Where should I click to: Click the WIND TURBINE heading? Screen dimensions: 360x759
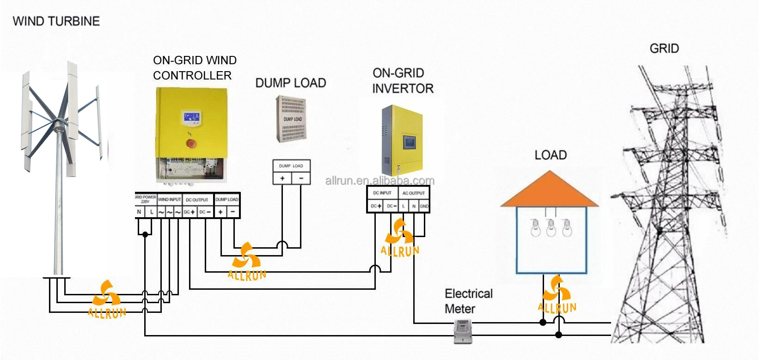point(56,21)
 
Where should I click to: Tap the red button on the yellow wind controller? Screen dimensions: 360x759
point(190,144)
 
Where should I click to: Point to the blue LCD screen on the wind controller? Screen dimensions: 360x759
point(191,117)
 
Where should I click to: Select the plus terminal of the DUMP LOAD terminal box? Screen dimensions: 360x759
point(282,178)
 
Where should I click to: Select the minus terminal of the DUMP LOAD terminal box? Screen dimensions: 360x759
point(301,178)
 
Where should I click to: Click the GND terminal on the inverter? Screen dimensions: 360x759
point(424,206)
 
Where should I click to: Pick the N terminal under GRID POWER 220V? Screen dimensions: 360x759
point(139,212)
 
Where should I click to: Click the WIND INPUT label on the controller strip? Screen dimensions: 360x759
point(169,200)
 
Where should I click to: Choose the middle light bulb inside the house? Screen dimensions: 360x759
point(551,228)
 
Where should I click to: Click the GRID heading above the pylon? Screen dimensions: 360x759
point(664,49)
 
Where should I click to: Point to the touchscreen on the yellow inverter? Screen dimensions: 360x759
point(410,141)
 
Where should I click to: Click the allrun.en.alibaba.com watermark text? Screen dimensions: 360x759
point(379,181)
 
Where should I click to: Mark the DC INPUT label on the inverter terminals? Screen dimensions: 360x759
point(382,193)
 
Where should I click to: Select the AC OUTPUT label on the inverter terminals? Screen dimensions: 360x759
point(413,193)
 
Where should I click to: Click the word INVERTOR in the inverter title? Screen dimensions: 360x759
point(403,88)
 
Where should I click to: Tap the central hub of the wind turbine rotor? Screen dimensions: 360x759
point(58,124)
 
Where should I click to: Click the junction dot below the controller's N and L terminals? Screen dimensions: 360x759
point(145,234)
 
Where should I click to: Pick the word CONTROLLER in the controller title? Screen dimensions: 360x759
point(192,75)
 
